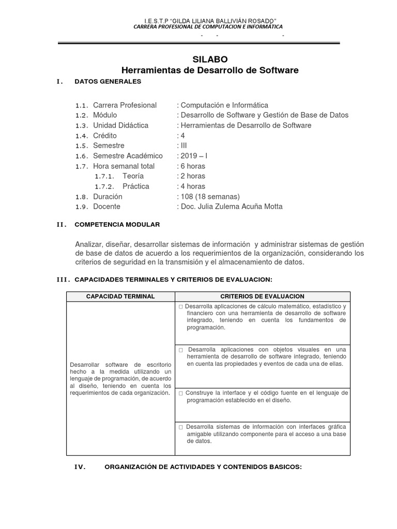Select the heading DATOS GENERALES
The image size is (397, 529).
tap(108, 81)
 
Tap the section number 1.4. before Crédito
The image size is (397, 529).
tap(82, 136)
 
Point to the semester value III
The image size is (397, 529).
tap(184, 146)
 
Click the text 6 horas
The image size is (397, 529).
tap(192, 166)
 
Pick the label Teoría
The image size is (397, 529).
tap(133, 176)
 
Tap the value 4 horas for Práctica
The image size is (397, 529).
tap(192, 186)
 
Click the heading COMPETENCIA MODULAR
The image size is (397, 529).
tap(117, 224)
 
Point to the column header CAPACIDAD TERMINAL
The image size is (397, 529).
tap(120, 297)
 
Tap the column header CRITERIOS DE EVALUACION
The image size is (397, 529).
tap(263, 297)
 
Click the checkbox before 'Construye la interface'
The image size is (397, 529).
tap(180, 393)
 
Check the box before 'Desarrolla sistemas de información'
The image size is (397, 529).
tap(180, 427)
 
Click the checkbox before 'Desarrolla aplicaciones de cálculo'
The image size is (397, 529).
tap(180, 307)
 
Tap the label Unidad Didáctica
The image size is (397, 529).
tap(120, 126)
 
